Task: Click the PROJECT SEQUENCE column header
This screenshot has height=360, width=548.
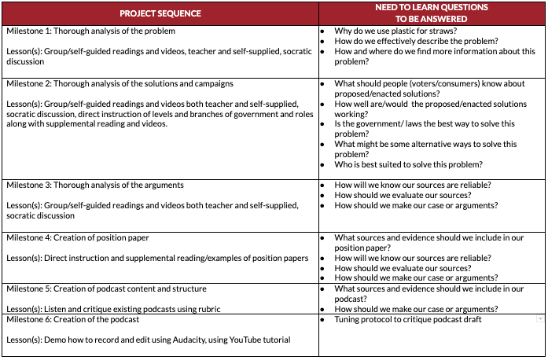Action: point(160,13)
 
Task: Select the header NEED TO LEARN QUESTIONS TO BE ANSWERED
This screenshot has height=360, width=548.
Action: point(432,13)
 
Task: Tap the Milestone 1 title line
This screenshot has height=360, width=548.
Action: point(90,31)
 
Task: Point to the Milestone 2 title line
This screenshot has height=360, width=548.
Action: point(120,83)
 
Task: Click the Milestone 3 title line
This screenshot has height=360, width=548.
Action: point(95,186)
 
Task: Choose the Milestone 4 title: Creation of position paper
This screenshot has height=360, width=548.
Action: point(77,237)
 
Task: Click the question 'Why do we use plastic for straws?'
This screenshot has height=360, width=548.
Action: point(395,31)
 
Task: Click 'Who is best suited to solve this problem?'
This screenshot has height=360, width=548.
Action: point(408,164)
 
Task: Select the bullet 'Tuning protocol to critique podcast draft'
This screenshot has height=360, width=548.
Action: point(407,319)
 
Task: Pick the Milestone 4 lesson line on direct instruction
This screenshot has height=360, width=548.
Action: point(157,258)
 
